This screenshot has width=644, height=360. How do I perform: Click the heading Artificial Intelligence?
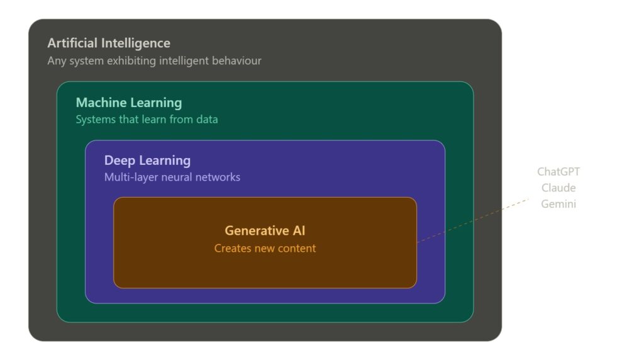coord(109,43)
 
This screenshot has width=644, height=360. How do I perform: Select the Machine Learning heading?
coord(129,103)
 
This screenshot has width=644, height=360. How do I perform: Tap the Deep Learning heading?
coord(147,160)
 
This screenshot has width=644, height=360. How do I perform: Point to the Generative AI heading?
coord(265,231)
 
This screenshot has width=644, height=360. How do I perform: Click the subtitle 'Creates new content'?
coord(265,248)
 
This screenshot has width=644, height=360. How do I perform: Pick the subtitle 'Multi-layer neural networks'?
coord(172,177)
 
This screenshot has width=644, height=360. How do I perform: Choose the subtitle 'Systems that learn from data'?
coord(147,119)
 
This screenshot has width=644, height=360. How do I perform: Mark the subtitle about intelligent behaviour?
coord(154,61)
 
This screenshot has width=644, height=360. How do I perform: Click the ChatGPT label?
coord(558,172)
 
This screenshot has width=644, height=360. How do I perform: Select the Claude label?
coord(558,188)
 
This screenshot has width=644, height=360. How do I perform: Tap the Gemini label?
coord(558,204)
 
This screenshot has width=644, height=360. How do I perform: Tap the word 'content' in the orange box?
coord(295,248)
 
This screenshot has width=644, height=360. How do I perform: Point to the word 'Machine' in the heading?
coord(101,103)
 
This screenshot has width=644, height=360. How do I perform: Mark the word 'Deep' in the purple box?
coord(119,160)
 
